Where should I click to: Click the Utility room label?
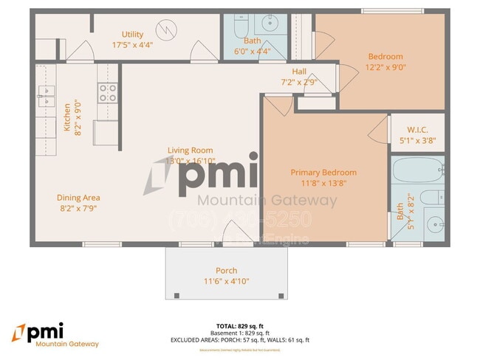133,34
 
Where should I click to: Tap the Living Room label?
190,150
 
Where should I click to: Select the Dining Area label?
78,197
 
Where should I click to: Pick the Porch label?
226,270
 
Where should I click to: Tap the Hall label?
299,72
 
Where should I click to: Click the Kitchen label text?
66,117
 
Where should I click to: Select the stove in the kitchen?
108,92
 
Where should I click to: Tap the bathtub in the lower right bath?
418,172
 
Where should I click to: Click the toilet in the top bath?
241,27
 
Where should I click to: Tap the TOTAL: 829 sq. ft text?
239,325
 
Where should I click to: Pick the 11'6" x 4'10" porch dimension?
226,281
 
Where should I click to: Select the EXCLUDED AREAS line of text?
239,339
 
